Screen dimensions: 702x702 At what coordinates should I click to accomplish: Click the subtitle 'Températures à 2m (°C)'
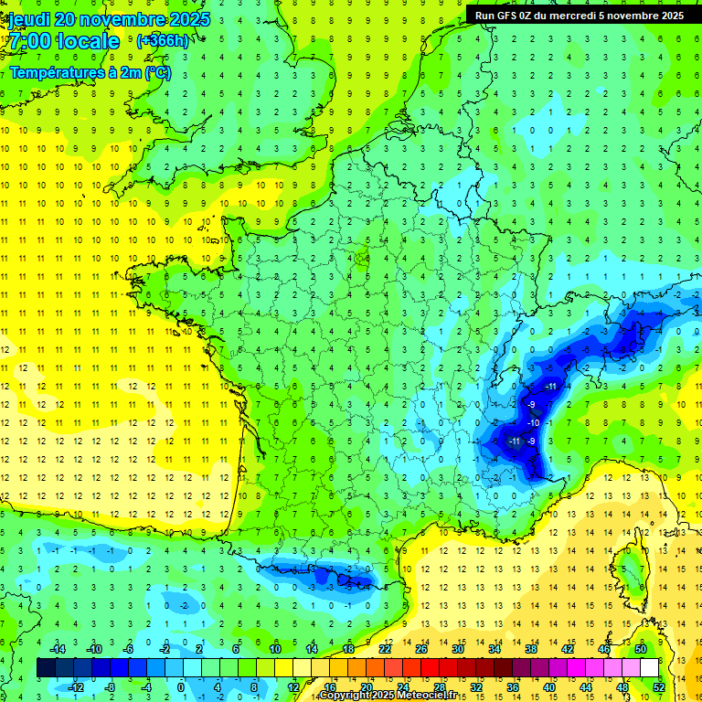[90, 73]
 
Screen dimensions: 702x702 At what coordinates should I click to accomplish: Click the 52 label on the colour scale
[658, 686]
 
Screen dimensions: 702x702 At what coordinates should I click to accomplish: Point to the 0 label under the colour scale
[181, 686]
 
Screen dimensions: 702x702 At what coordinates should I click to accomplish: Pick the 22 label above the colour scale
[385, 649]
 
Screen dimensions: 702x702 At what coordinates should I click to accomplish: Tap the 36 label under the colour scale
[512, 686]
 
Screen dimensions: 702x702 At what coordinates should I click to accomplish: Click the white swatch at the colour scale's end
[649, 667]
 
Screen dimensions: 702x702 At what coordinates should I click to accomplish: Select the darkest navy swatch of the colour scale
[46, 667]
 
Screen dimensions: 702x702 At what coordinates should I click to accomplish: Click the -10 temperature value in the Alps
[533, 422]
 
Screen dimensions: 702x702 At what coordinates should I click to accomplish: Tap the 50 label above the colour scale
[641, 649]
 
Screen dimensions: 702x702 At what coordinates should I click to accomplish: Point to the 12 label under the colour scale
[292, 686]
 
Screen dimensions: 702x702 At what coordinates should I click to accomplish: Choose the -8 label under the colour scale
[109, 686]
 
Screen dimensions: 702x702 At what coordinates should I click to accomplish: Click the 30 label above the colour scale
[457, 649]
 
